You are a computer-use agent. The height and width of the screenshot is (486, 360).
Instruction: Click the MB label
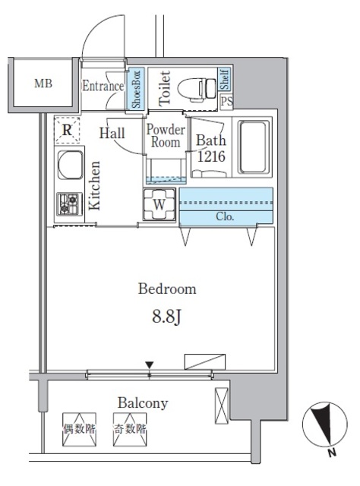click(x=43, y=84)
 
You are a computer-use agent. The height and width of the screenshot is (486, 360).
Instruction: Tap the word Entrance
click(x=103, y=86)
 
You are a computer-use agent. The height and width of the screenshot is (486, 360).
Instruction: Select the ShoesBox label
click(x=136, y=89)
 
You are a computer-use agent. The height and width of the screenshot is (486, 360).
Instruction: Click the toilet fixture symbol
click(x=197, y=89)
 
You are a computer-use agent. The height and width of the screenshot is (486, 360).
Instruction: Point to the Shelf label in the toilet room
click(x=225, y=79)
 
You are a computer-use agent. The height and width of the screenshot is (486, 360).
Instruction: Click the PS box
click(x=226, y=101)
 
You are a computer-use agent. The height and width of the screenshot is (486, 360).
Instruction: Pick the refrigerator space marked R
click(x=67, y=130)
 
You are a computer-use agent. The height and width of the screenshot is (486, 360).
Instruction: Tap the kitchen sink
click(x=70, y=165)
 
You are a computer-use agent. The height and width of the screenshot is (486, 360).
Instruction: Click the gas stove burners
click(x=69, y=204)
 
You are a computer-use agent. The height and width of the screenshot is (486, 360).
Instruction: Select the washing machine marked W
click(x=159, y=204)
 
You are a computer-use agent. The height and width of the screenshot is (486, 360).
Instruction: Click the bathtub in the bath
click(x=254, y=147)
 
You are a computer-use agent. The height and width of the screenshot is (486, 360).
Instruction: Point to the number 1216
click(x=211, y=156)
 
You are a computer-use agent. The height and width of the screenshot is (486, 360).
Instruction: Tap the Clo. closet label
click(x=225, y=216)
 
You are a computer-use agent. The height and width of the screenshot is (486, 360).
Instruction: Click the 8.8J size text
click(x=166, y=317)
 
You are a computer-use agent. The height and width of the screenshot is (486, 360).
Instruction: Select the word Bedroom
click(x=167, y=289)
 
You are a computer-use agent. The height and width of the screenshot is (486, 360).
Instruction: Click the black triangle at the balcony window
click(x=150, y=364)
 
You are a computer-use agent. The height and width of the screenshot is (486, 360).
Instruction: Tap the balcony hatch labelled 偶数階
click(x=79, y=429)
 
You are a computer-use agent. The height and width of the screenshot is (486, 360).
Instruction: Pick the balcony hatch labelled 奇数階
click(x=130, y=429)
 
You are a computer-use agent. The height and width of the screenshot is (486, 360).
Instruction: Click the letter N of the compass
click(x=332, y=453)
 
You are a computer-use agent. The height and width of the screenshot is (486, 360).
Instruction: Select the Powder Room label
click(x=166, y=136)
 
